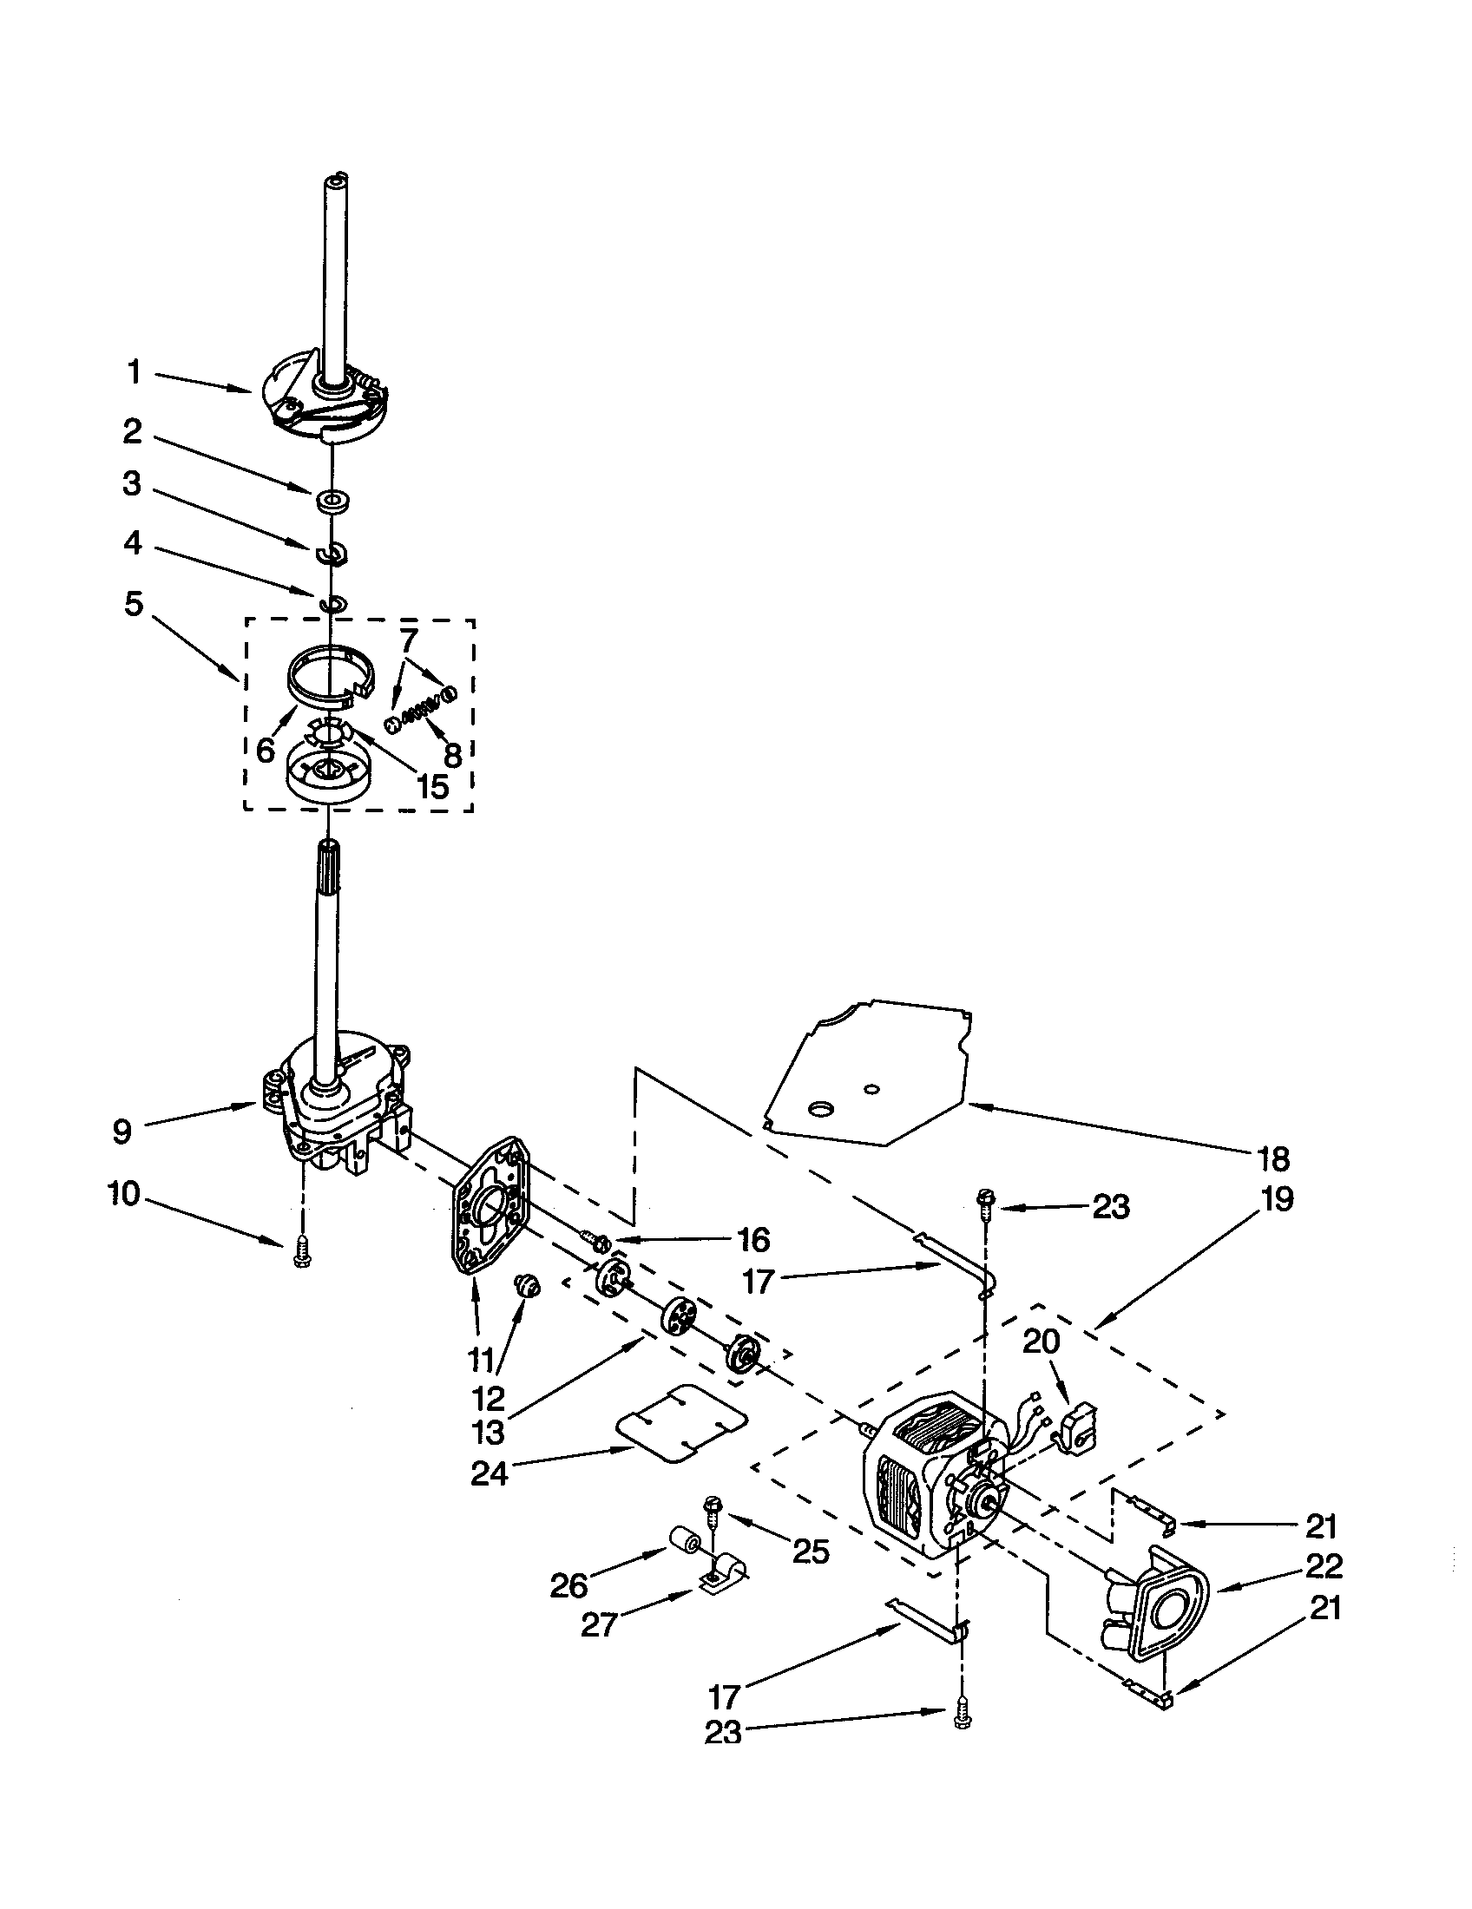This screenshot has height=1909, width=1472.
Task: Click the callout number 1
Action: [x=133, y=373]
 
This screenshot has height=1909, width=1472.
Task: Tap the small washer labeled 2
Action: [x=331, y=502]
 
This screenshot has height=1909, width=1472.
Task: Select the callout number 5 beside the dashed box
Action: [x=133, y=603]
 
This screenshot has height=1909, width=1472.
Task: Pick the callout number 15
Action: [x=432, y=785]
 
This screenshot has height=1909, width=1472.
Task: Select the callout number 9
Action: [x=122, y=1132]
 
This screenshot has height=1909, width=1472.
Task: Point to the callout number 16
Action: [x=752, y=1238]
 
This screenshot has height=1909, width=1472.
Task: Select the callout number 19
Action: [x=1277, y=1199]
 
